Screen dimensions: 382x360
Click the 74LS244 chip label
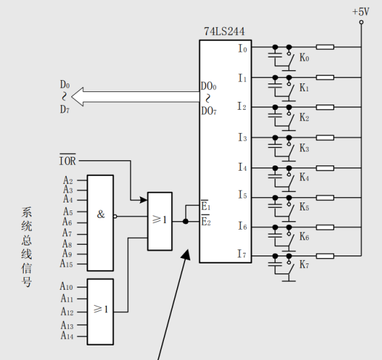[x=224, y=32]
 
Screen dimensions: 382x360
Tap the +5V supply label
[x=361, y=12]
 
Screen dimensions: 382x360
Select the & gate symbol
[x=100, y=214]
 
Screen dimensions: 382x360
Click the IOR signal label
[x=67, y=160]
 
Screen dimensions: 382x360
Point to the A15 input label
[x=66, y=263]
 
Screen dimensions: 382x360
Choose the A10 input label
[x=67, y=286]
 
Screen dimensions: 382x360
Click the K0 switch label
[x=304, y=58]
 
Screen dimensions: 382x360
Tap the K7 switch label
[x=304, y=265]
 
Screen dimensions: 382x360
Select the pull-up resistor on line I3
[x=325, y=138]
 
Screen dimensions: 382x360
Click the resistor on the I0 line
[x=325, y=47]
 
